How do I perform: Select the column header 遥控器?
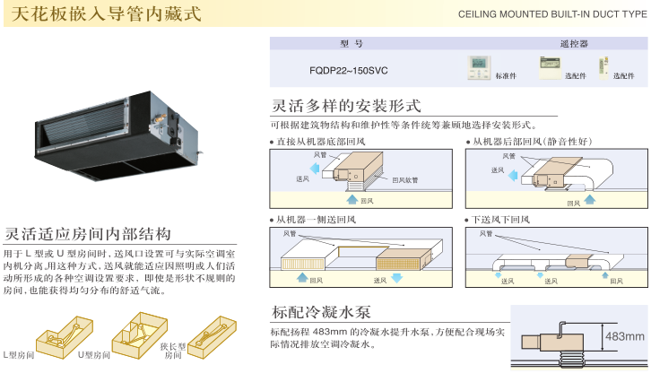573,43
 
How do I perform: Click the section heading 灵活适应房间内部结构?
88,234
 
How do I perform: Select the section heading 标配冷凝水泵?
320,312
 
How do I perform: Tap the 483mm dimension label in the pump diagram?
625,336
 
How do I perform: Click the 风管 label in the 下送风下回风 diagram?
485,234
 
